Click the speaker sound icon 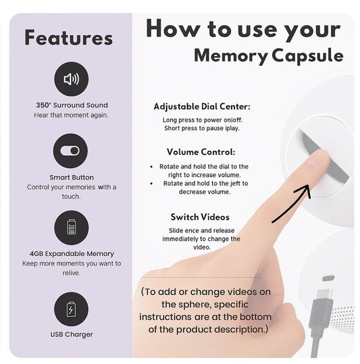pyautogui.click(x=72, y=79)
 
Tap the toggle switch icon pyautogui.click(x=70, y=151)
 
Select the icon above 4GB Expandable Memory pyautogui.click(x=72, y=228)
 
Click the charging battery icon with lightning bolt pyautogui.click(x=71, y=309)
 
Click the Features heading pyautogui.click(x=69, y=37)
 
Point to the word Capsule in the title pyautogui.click(x=307, y=56)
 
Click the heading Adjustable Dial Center pyautogui.click(x=202, y=107)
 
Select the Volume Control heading pyautogui.click(x=201, y=152)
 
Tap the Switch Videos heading pyautogui.click(x=200, y=217)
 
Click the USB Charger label pyautogui.click(x=72, y=334)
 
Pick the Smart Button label pyautogui.click(x=72, y=178)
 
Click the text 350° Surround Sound pyautogui.click(x=72, y=105)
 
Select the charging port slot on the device pyautogui.click(x=328, y=278)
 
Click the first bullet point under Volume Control pyautogui.click(x=151, y=167)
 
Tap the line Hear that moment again pyautogui.click(x=71, y=115)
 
